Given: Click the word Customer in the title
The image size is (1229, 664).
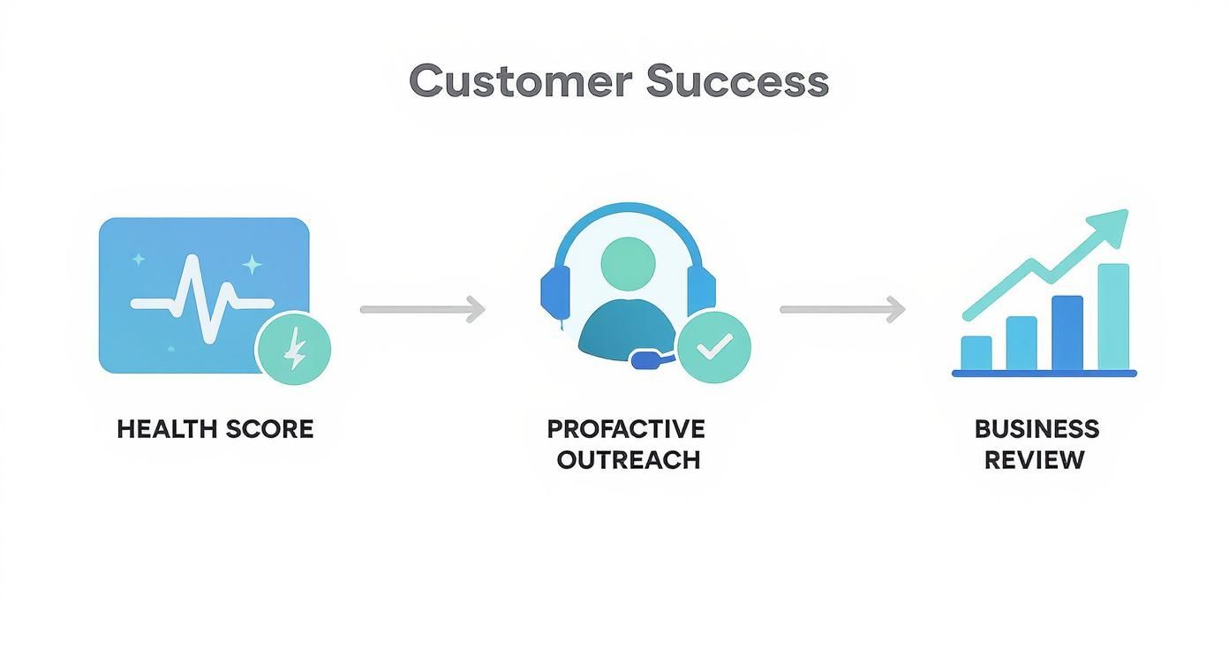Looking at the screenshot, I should coord(521,81).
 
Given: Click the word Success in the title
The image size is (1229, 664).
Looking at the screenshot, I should coord(737,81).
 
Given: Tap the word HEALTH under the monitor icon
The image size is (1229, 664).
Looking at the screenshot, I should coord(167,429).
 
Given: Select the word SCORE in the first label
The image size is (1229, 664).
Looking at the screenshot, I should coord(269,429).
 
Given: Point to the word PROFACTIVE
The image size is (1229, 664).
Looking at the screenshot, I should coord(626,429).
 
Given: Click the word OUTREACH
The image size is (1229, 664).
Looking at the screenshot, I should coord(629,460).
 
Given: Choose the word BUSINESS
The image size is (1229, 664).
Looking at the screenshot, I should coord(1037,429).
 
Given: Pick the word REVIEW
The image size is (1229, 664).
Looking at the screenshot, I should coord(1034,460).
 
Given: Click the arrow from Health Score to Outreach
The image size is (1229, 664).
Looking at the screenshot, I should coord(423,309).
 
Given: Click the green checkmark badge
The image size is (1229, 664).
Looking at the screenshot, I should coord(713,347).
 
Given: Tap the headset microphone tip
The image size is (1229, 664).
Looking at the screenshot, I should coord(645,359).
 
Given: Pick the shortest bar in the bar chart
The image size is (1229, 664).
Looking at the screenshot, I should coord(976,352).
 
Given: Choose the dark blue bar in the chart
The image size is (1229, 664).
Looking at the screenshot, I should coord(1067,333).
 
